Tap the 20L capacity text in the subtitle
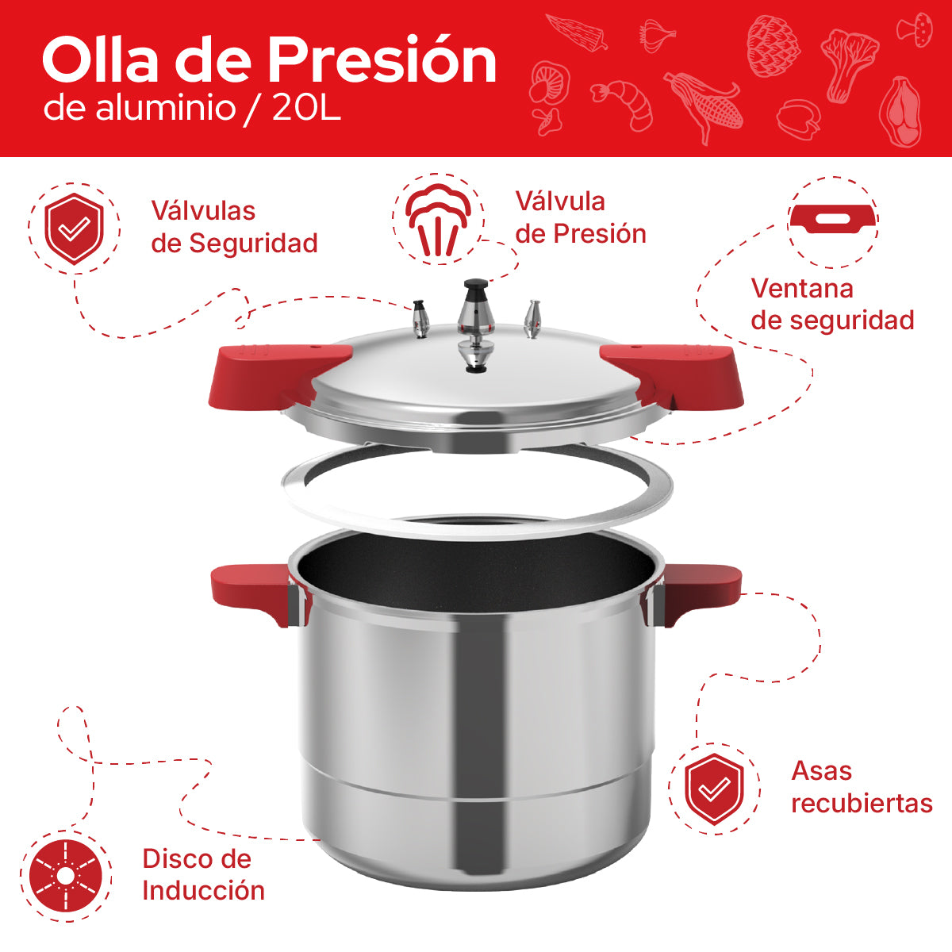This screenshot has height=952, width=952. point(306,109)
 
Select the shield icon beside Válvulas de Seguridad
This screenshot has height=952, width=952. point(75,228)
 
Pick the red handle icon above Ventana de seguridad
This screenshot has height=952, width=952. point(833,220)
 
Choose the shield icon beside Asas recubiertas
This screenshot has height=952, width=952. point(714,789)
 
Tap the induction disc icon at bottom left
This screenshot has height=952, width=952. point(66,876)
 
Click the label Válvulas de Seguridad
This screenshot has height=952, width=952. point(234,227)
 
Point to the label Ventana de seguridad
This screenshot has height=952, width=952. point(832,304)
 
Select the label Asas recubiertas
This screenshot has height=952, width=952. point(862,787)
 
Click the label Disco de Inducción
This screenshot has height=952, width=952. point(203,874)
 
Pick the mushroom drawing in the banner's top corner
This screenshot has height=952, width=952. point(915,29)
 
